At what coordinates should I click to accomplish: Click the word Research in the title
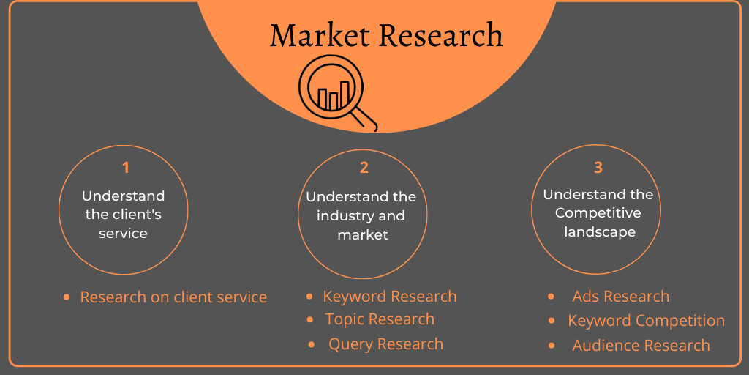pos(440,35)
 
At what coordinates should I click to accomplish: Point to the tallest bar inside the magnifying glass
pos(345,94)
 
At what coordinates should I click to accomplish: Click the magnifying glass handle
pos(365,119)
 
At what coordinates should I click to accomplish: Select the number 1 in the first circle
pos(125,168)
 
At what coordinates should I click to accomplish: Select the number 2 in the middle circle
pos(364,168)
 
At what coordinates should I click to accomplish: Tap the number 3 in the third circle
pos(598,168)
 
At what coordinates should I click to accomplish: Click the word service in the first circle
pos(123,234)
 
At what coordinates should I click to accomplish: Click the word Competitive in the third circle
pos(598,212)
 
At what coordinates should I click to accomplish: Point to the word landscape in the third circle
pos(600,232)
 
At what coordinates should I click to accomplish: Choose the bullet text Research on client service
pos(173,297)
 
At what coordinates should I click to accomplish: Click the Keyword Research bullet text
pos(390,297)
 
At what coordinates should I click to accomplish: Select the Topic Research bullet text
pos(380,319)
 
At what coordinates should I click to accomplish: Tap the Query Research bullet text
pos(386,344)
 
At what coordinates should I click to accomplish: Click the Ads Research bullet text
pos(621,297)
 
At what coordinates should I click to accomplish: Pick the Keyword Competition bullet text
pos(647,321)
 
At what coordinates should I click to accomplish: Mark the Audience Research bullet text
pos(641,346)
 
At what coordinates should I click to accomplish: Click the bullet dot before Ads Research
pos(551,297)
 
